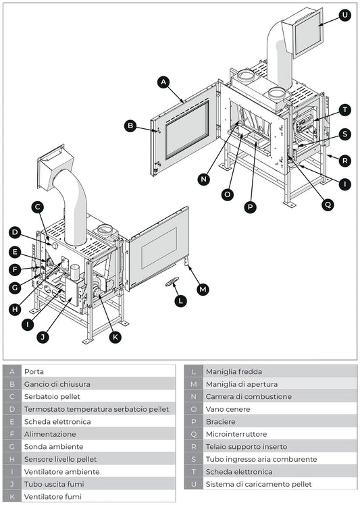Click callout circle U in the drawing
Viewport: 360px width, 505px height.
(345, 15)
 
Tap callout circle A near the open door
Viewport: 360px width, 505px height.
(163, 82)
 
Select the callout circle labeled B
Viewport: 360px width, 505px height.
(131, 125)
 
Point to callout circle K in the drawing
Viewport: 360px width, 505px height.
(115, 336)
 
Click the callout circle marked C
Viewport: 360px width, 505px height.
(38, 207)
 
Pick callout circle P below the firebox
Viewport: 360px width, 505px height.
(251, 207)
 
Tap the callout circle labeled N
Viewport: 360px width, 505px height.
(204, 179)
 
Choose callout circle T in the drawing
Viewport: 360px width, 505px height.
(345, 109)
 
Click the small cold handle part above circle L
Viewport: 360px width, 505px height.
(173, 283)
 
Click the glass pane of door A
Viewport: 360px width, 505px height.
(187, 130)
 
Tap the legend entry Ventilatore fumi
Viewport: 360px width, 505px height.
(53, 496)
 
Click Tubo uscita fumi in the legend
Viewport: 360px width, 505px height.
(54, 484)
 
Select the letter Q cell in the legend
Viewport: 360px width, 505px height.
(193, 434)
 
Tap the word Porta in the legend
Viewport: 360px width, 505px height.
(34, 371)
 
